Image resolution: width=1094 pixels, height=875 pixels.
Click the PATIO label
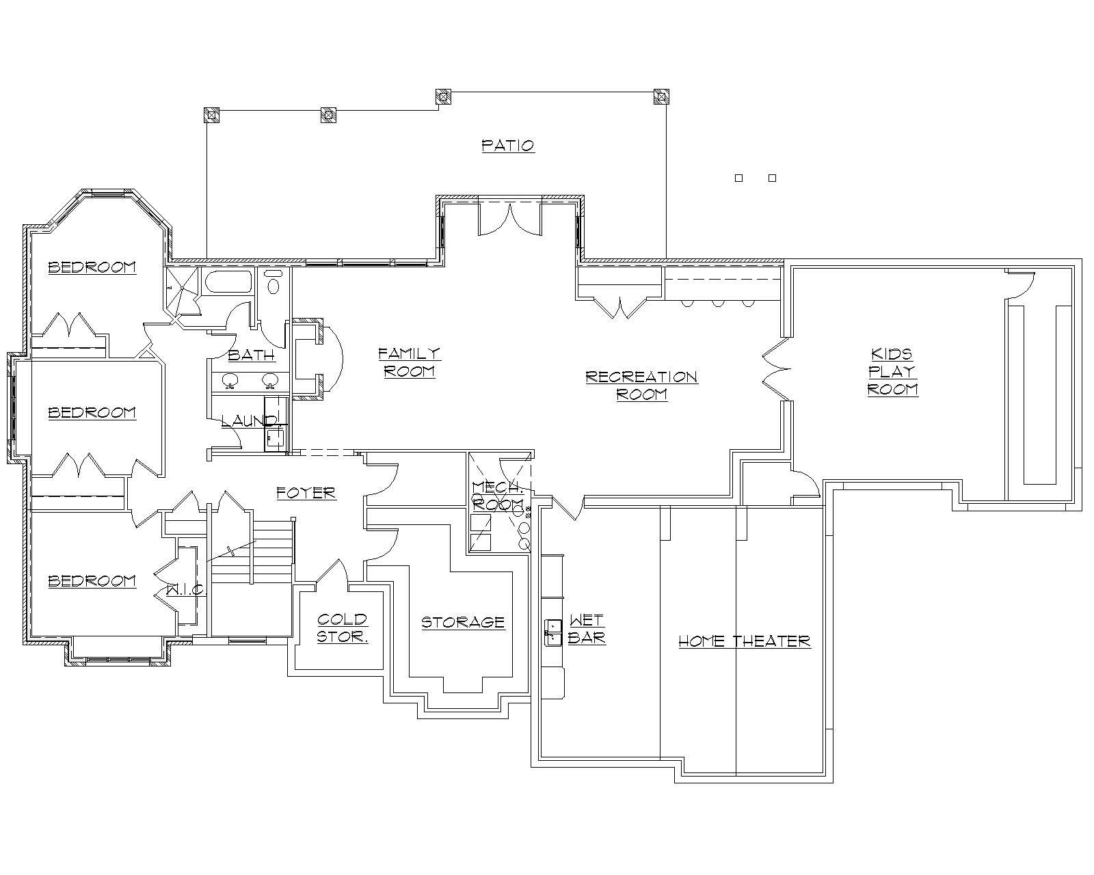(507, 146)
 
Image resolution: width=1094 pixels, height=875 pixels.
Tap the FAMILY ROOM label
(410, 362)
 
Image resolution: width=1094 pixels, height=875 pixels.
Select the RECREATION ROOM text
(641, 386)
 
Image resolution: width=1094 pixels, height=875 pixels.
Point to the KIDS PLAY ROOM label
(892, 371)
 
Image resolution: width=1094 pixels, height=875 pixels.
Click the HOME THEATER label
(744, 641)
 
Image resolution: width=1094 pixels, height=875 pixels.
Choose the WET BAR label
(586, 629)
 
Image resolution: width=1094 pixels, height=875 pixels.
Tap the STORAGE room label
(463, 623)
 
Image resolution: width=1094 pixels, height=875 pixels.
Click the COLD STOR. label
(343, 628)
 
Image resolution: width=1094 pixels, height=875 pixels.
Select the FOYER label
(306, 493)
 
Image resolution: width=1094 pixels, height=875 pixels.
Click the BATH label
(251, 355)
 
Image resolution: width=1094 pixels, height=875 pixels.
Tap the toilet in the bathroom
(273, 282)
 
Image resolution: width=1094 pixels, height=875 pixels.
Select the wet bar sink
(552, 632)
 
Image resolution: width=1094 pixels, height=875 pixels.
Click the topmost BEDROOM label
(92, 267)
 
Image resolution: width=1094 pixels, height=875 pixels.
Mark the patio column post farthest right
(661, 96)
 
